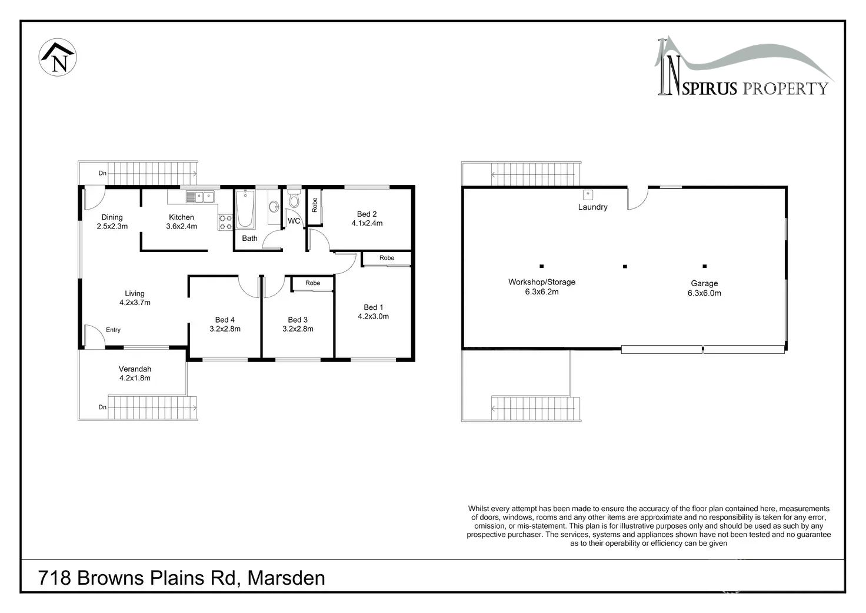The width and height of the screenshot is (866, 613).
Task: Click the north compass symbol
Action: pyautogui.click(x=58, y=57)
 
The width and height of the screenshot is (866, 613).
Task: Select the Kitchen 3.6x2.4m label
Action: pyautogui.click(x=181, y=222)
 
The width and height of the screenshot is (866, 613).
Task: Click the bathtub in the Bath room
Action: pyautogui.click(x=245, y=209)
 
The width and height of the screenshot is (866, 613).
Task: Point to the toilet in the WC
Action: pyautogui.click(x=294, y=198)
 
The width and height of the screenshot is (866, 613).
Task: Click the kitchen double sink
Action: pyautogui.click(x=200, y=197)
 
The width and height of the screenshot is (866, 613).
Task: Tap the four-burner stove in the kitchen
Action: pyautogui.click(x=225, y=222)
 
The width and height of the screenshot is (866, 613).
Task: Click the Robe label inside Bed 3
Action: pyautogui.click(x=313, y=283)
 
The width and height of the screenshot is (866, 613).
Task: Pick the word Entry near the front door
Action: pyautogui.click(x=114, y=330)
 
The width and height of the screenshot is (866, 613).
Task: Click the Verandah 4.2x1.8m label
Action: pyautogui.click(x=135, y=373)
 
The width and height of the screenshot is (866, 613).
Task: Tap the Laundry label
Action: pyautogui.click(x=592, y=207)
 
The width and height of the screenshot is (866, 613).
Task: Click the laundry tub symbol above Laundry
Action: pyautogui.click(x=588, y=195)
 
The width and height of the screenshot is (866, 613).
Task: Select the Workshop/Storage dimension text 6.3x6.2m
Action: pyautogui.click(x=542, y=292)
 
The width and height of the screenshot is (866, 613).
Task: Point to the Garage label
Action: pyautogui.click(x=704, y=283)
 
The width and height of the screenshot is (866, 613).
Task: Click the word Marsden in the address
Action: pyautogui.click(x=286, y=578)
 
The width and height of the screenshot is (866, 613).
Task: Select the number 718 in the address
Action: pyautogui.click(x=55, y=578)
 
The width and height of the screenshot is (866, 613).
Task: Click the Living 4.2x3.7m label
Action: pyautogui.click(x=135, y=298)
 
